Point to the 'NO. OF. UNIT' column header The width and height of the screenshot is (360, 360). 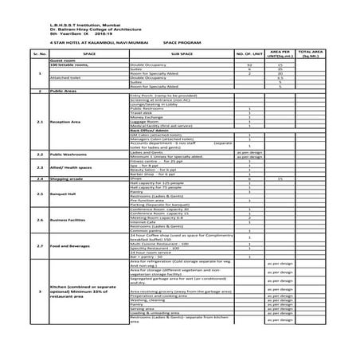tap(249, 55)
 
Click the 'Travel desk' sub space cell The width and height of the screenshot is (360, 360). tap(141, 112)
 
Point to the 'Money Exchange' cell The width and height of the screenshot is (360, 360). tap(145, 116)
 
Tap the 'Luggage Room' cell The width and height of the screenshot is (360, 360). tap(143, 121)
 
